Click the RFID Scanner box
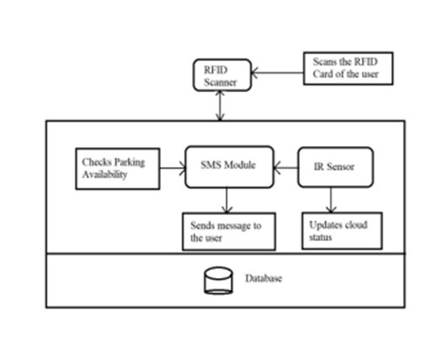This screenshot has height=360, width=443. coord(222,75)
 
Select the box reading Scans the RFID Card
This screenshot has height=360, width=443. coord(348,68)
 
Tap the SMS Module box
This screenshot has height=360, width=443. coord(229,166)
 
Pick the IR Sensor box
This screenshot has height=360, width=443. coord(336,167)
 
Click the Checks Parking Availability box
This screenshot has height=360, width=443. coord(118,168)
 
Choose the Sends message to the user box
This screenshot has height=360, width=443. coord(229,232)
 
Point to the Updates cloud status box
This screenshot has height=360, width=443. coord(342,231)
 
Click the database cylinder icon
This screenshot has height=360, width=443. coord(218,281)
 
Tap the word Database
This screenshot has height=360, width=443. coord(263,278)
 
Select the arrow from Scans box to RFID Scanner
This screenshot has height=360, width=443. coord(277,73)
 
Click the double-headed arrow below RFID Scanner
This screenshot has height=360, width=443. coord(220,106)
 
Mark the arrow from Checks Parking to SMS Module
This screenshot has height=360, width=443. coord(172,168)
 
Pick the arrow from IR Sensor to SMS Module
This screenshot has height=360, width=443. coord(286,167)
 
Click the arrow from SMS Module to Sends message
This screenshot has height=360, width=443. coord(227,200)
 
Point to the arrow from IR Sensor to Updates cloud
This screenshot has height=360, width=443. coord(331,199)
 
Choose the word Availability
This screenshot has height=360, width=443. coord(105,174)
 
